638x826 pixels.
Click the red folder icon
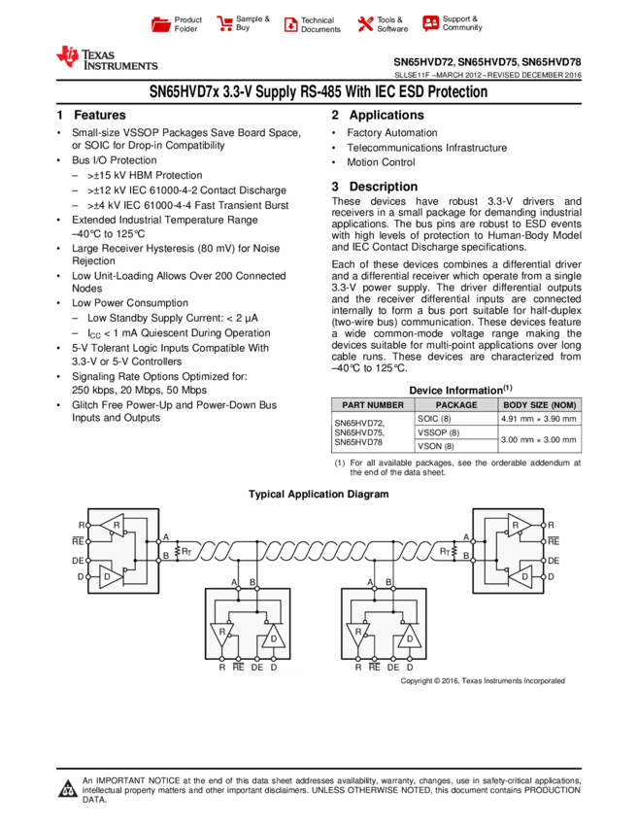(161, 25)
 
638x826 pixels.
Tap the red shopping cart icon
(225, 24)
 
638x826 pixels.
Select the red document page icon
(290, 25)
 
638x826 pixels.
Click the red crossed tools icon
(365, 24)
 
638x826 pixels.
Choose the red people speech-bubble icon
(431, 23)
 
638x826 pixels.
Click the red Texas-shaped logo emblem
(68, 57)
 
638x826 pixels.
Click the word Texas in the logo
(98, 53)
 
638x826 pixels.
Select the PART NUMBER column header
(373, 405)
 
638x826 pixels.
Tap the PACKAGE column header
(456, 405)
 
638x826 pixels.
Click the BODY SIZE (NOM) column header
(540, 405)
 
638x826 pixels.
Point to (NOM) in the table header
(564, 405)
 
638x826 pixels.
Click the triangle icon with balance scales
(68, 789)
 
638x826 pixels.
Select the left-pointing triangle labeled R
(114, 525)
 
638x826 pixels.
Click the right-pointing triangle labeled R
(519, 525)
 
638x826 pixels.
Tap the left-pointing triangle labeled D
(521, 576)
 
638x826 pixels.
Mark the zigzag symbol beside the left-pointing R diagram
(178, 551)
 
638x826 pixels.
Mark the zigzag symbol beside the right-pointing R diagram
(454, 551)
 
